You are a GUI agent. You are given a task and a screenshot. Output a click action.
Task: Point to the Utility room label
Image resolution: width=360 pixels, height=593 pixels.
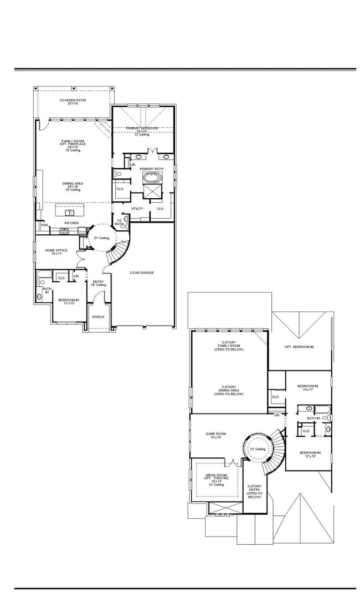(x=137, y=209)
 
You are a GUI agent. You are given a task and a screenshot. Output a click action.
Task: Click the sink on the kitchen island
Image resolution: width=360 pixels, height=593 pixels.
(x=70, y=212)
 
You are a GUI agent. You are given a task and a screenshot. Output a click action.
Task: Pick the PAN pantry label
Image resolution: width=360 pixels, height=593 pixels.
(x=44, y=225)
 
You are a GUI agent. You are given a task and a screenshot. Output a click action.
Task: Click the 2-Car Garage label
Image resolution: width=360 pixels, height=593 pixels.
(x=142, y=272)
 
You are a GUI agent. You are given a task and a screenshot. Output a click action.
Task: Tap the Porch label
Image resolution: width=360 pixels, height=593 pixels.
(x=98, y=317)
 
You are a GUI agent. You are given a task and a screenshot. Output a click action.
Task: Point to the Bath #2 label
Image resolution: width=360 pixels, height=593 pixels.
(x=47, y=290)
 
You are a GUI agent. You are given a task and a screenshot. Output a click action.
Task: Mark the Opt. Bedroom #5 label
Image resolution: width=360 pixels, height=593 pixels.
(x=299, y=347)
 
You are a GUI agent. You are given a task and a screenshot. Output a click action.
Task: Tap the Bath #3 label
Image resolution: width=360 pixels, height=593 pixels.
(x=313, y=418)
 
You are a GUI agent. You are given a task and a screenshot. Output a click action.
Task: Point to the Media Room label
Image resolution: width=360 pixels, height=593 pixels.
(x=217, y=477)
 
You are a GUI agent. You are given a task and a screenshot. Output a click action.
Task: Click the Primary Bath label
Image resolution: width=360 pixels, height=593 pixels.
(x=151, y=168)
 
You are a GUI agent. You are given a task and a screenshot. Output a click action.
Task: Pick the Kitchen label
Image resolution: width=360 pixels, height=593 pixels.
(x=71, y=223)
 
